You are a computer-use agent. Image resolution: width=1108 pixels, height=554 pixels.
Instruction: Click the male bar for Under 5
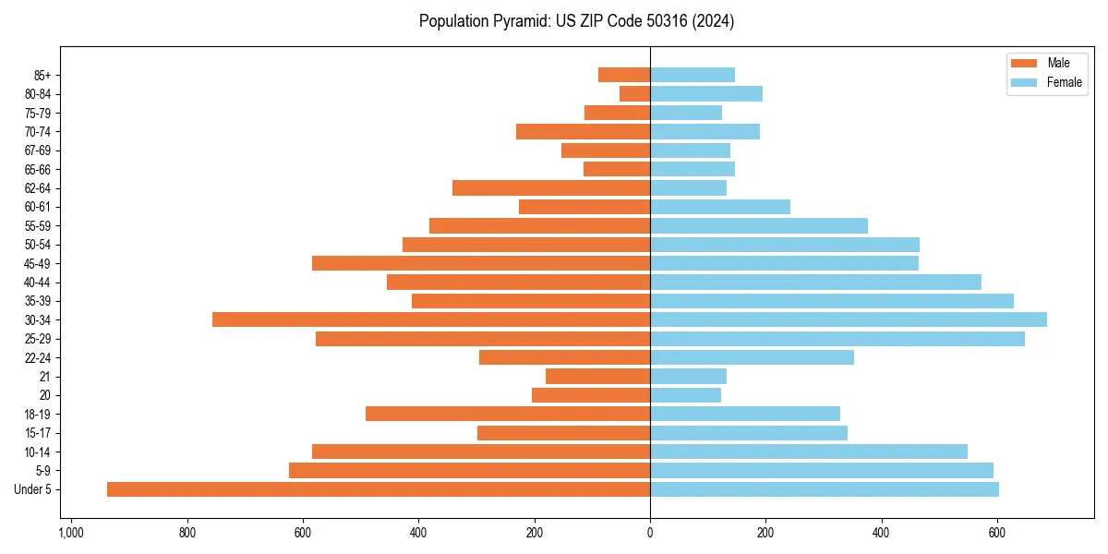(x=379, y=489)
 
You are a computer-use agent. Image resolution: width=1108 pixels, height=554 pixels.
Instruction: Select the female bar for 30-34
(x=849, y=319)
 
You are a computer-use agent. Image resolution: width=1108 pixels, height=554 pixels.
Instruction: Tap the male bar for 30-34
(x=431, y=319)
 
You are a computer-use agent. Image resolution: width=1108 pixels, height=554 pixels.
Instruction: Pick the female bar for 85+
(x=692, y=75)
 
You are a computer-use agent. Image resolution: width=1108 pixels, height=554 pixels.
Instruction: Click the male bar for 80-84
(x=635, y=93)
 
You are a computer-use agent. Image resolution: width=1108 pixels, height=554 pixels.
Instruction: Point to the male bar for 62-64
(x=551, y=187)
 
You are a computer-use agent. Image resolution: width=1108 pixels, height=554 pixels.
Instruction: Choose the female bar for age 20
(x=685, y=395)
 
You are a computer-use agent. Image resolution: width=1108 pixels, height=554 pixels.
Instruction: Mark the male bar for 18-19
(x=508, y=414)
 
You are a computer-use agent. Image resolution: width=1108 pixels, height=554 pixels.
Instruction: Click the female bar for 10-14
(x=809, y=452)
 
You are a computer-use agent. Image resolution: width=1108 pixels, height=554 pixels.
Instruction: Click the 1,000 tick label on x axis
(x=71, y=533)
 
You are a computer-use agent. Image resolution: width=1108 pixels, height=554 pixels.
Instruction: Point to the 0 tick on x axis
(x=650, y=533)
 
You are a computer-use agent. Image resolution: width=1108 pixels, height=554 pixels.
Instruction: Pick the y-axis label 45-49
(x=38, y=263)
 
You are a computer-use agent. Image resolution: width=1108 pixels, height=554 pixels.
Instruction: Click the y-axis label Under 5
(x=33, y=489)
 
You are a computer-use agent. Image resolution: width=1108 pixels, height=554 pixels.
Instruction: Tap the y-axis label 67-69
(x=38, y=151)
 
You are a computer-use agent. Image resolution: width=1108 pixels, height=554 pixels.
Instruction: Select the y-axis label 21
(x=45, y=377)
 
